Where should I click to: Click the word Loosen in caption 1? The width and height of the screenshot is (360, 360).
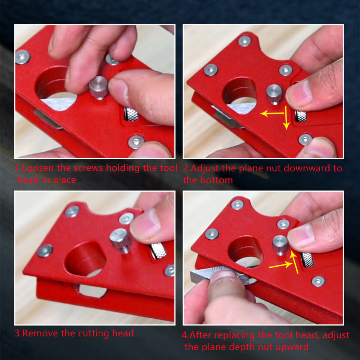[x=36, y=168]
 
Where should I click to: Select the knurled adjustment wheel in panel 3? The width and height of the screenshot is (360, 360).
[x=158, y=251]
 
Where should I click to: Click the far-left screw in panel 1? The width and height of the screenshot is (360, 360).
[x=22, y=57]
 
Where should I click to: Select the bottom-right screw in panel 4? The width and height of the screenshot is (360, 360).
[x=318, y=281]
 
